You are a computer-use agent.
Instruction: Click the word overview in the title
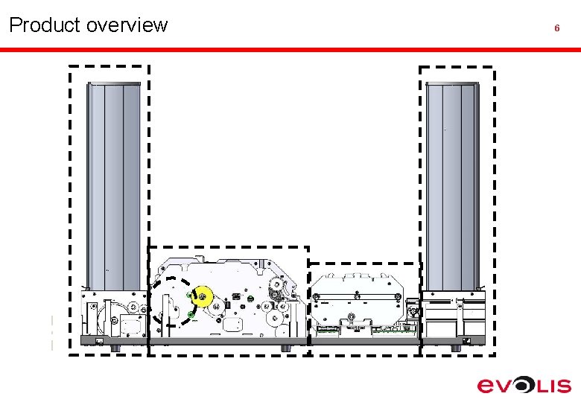coord(127,25)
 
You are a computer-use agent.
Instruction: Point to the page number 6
coord(556,28)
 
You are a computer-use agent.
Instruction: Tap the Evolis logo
coord(524,385)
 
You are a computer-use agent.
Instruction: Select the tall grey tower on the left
coord(113,186)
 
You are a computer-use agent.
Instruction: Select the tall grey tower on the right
coord(452,186)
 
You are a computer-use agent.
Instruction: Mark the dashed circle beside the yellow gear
coord(169,302)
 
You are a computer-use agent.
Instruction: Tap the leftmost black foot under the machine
coord(113,348)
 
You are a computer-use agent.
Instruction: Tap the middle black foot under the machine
coord(285,348)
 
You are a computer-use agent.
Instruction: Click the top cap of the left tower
coord(113,84)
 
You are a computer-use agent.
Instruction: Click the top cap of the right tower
coord(452,84)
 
